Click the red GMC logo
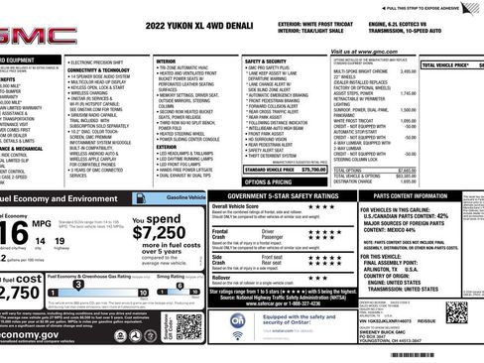click(27, 37)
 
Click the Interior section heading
click(166, 61)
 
